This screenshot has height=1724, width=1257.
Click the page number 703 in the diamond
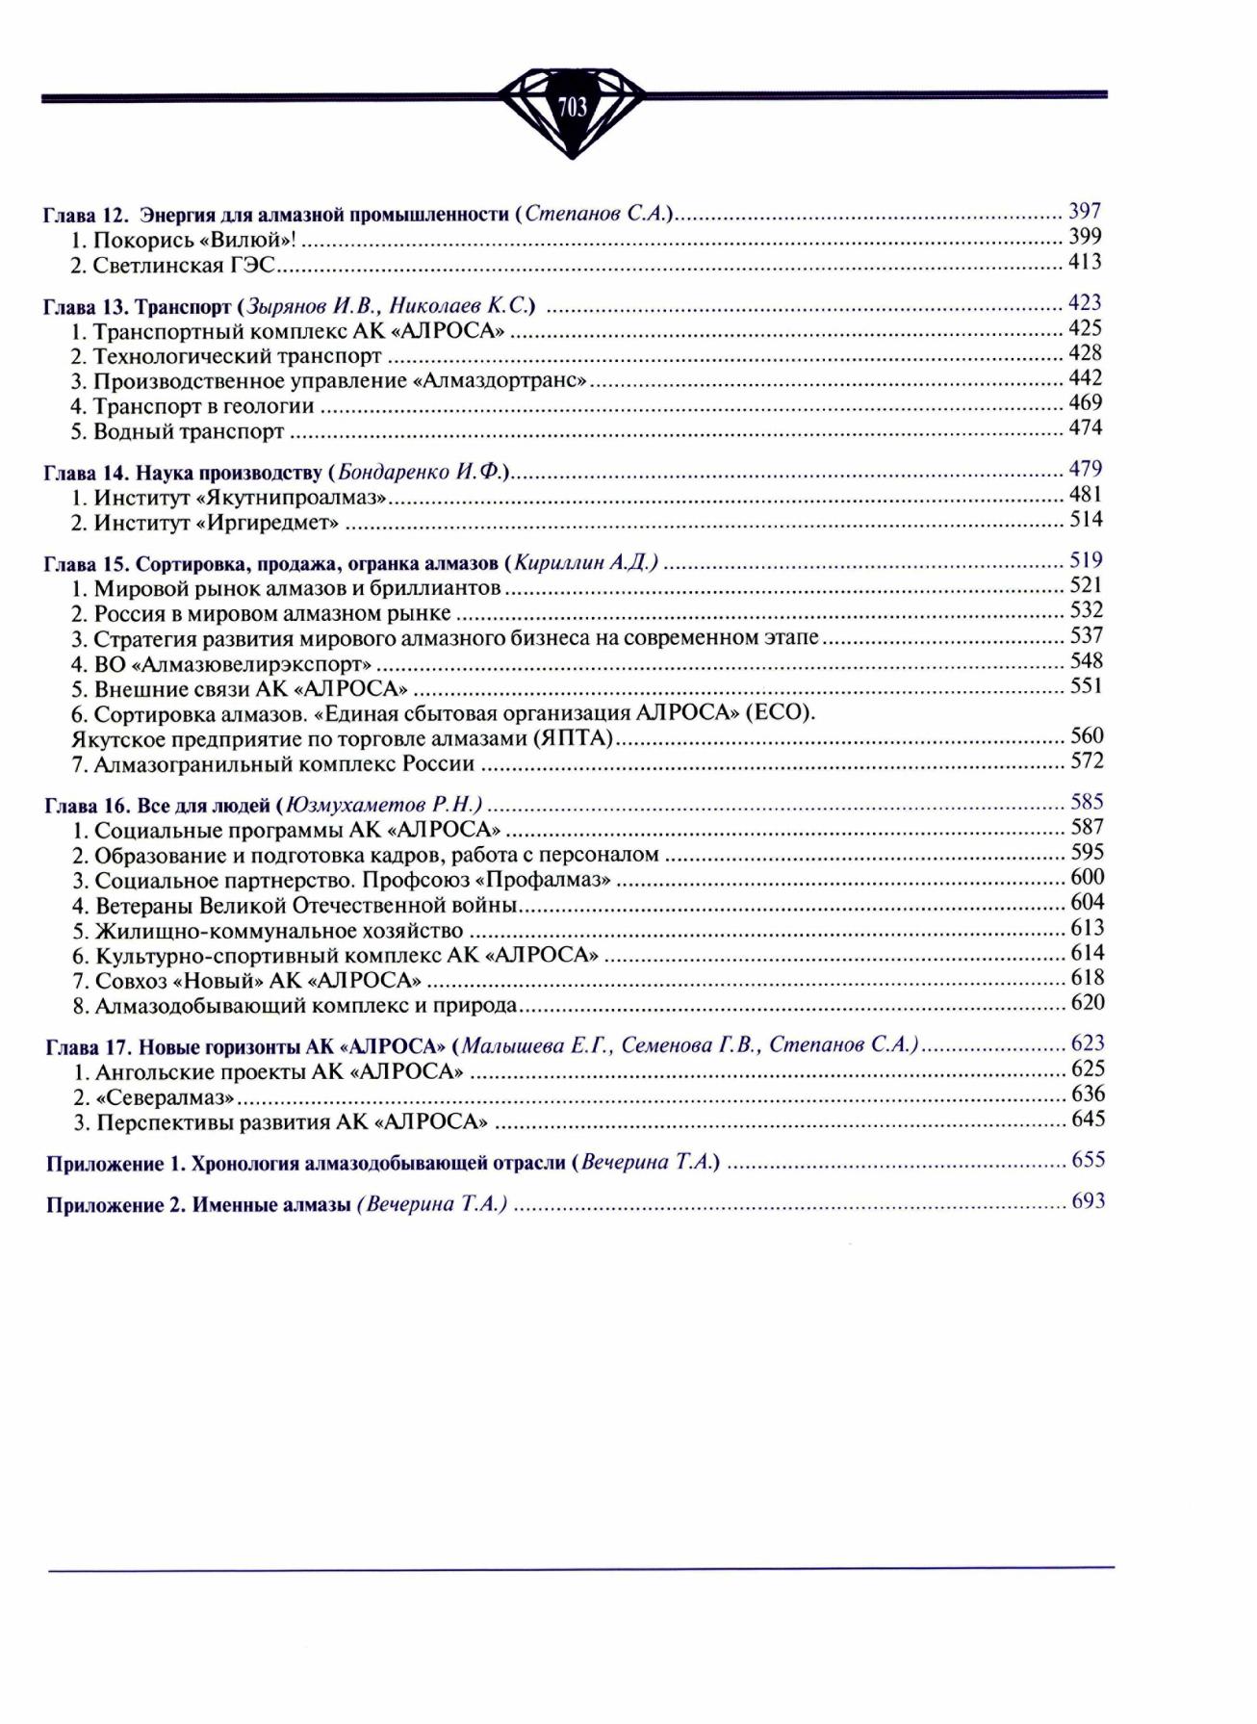[572, 107]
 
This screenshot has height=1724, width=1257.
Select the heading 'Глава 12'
[81, 215]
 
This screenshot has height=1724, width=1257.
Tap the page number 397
[1085, 212]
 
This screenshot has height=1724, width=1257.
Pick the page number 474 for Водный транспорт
[1085, 427]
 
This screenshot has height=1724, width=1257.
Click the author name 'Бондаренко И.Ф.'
[421, 473]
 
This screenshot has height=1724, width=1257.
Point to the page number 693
[1088, 1201]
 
